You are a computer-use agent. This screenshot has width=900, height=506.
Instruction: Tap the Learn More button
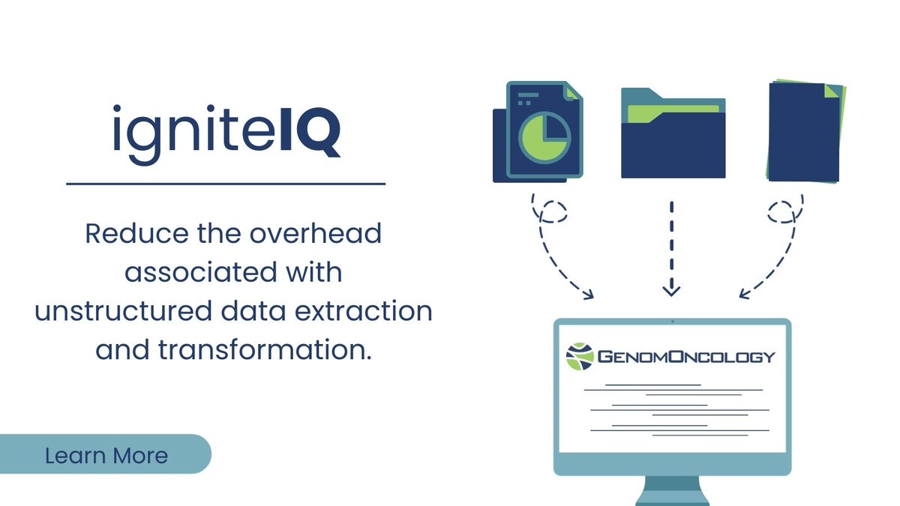(106, 454)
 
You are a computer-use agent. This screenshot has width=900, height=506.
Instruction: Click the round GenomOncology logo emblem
(579, 356)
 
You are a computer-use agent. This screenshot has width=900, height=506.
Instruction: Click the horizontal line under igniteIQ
(226, 182)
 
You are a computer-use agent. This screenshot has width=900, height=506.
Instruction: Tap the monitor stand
(672, 490)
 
